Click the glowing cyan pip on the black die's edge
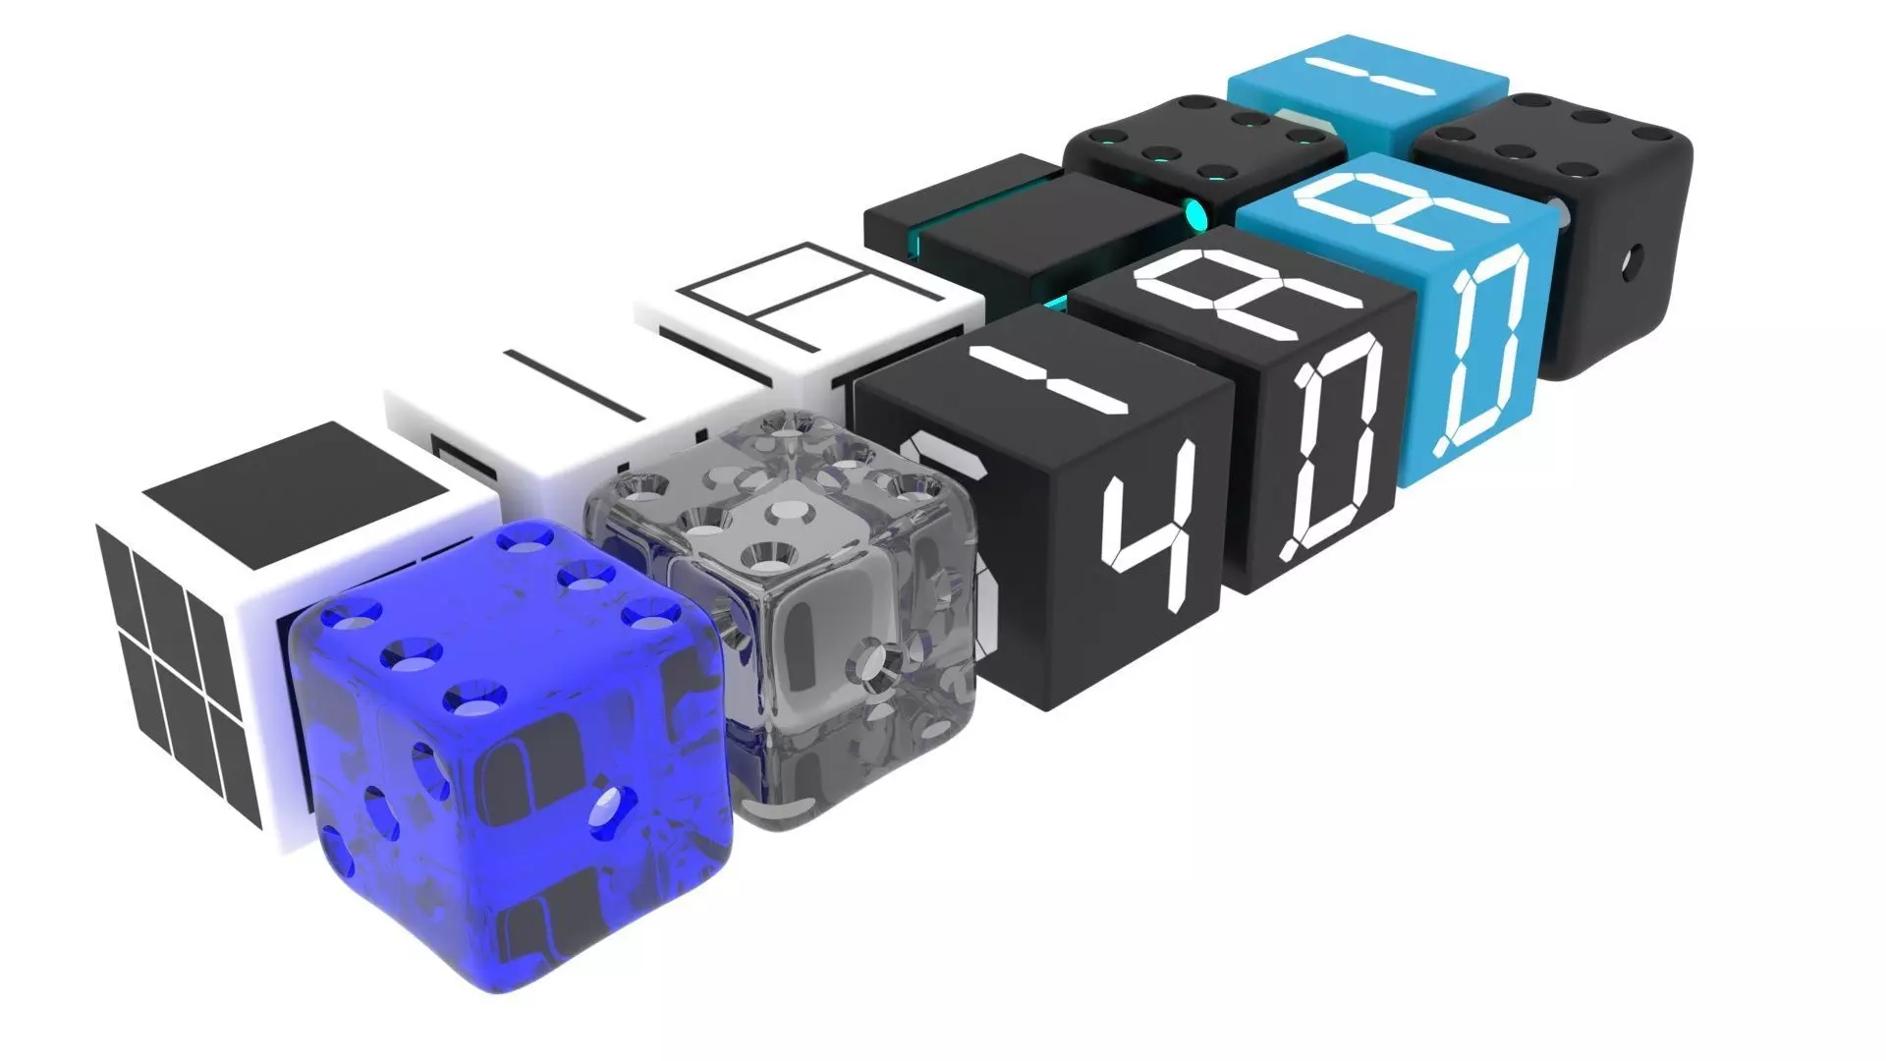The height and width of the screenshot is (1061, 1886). (1197, 211)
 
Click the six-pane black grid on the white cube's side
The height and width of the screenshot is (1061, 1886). (182, 678)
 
